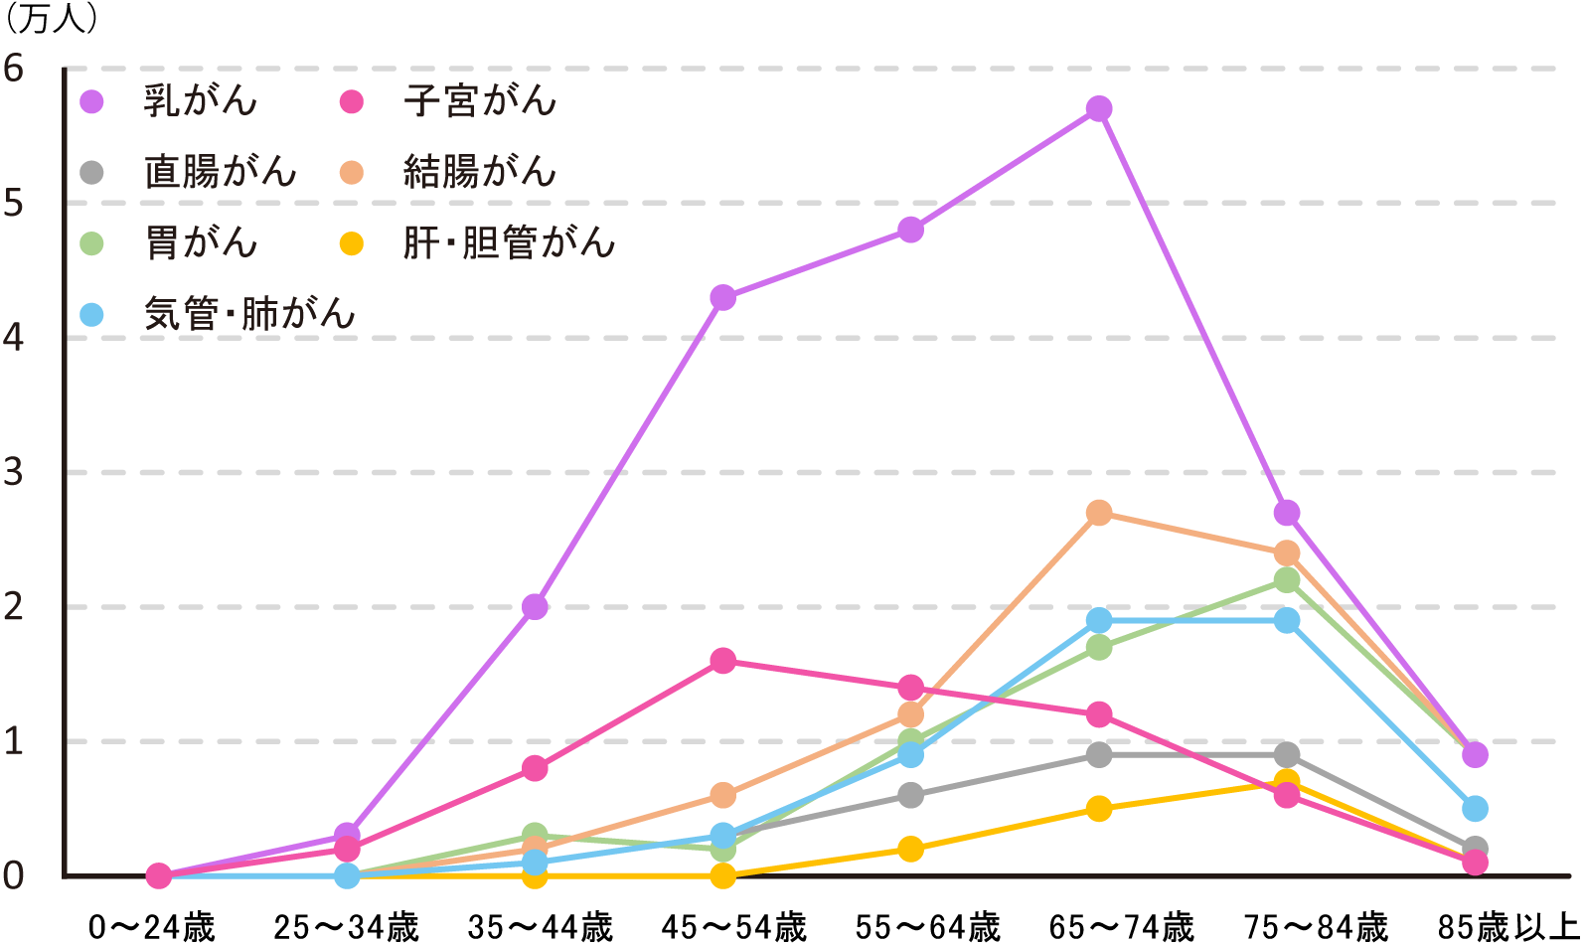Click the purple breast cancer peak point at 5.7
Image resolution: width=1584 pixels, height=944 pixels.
click(x=1098, y=108)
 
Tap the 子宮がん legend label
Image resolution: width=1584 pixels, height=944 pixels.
click(x=480, y=101)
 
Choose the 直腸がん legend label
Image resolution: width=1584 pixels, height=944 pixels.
click(x=220, y=173)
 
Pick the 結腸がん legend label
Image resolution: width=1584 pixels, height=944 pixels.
click(x=480, y=173)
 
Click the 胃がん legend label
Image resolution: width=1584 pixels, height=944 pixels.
click(x=201, y=243)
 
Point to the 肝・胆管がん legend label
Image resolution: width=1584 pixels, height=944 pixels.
click(x=509, y=243)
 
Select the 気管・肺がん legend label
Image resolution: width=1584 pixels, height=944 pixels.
click(x=249, y=314)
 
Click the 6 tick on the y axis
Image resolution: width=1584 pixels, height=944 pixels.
click(x=14, y=69)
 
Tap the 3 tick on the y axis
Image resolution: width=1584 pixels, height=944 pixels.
click(x=14, y=472)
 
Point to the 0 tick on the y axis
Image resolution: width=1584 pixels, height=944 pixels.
click(x=14, y=875)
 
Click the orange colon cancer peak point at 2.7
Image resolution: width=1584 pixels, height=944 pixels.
click(x=1098, y=513)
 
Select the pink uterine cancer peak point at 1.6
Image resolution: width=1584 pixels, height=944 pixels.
click(x=722, y=661)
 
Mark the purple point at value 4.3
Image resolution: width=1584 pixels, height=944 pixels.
click(x=722, y=297)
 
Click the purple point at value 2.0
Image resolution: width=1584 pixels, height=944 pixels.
click(x=535, y=606)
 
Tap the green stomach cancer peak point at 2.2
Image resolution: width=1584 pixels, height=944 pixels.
click(x=1287, y=579)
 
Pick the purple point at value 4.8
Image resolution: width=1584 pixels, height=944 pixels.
click(x=910, y=230)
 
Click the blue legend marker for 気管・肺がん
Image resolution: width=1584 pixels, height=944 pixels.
click(x=91, y=315)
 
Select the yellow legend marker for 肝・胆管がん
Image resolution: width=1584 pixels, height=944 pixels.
click(x=351, y=243)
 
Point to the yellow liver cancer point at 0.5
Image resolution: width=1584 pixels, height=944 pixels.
click(x=1098, y=809)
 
